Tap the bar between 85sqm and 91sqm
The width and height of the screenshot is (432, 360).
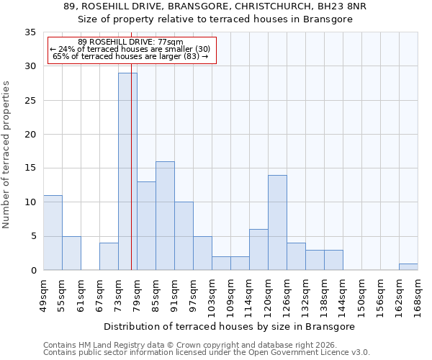pos(165,216)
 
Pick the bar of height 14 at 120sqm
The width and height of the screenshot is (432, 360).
pos(277,222)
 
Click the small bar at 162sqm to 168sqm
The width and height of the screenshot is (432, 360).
pos(408,266)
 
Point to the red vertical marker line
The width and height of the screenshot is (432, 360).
pos(131,180)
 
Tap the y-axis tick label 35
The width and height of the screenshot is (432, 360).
pos(30,32)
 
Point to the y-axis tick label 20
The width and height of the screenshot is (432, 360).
pos(30,135)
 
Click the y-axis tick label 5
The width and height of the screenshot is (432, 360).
pos(32,237)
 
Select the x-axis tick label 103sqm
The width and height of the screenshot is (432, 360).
pos(212,295)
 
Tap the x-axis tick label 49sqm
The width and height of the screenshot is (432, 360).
pos(43,295)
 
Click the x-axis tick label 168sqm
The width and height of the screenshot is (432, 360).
pos(418,295)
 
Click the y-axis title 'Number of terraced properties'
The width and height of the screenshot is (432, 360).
pos(6,155)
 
